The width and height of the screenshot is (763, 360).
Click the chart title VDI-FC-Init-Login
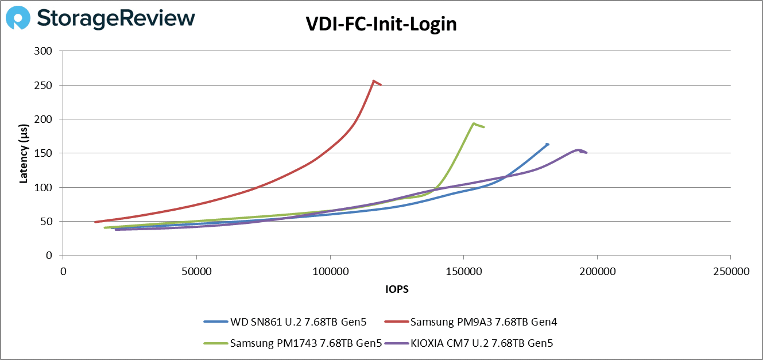pyautogui.click(x=381, y=25)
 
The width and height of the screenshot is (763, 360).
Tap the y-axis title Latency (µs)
pyautogui.click(x=24, y=153)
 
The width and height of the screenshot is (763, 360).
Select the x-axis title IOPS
pyautogui.click(x=397, y=289)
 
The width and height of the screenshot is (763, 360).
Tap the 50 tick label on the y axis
pyautogui.click(x=47, y=221)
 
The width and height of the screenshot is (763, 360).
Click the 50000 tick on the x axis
pyautogui.click(x=196, y=270)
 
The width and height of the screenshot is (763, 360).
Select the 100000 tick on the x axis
pyautogui.click(x=330, y=270)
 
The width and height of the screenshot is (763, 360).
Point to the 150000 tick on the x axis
pyautogui.click(x=463, y=270)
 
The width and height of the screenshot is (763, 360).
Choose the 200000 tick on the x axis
pyautogui.click(x=597, y=270)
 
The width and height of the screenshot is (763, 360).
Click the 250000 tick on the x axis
pyautogui.click(x=730, y=270)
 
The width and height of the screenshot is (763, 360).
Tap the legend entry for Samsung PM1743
pyautogui.click(x=293, y=343)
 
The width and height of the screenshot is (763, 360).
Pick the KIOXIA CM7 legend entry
pyautogui.click(x=472, y=343)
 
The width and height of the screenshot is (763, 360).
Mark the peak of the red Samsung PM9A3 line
pyautogui.click(x=374, y=81)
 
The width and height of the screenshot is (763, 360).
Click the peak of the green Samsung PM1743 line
pyautogui.click(x=473, y=123)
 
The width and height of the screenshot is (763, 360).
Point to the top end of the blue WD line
pyautogui.click(x=548, y=144)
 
